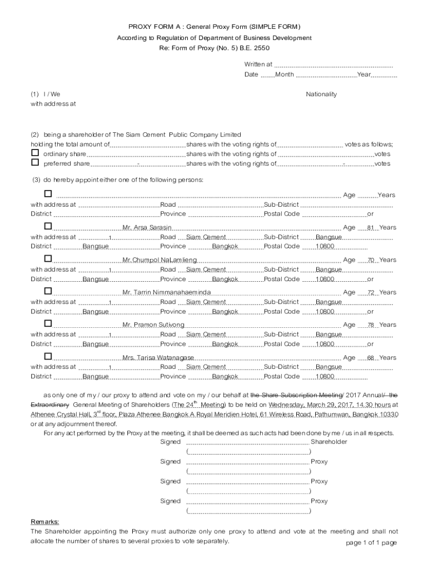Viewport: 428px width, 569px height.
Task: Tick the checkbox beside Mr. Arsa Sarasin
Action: (x=48, y=226)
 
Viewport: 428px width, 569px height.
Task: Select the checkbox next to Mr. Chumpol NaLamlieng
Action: (x=48, y=258)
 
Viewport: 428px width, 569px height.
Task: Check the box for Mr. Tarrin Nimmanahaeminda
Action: (x=48, y=291)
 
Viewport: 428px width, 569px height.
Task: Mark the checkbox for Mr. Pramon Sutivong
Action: (x=48, y=323)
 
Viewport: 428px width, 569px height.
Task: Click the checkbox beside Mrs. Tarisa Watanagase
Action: (x=48, y=356)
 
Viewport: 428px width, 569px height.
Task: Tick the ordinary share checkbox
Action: (x=35, y=153)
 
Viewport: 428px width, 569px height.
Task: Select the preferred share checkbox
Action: (x=35, y=163)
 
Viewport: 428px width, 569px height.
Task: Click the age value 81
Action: (x=370, y=228)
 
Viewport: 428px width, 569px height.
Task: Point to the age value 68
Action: (x=370, y=358)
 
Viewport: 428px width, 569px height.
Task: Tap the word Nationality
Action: (x=321, y=94)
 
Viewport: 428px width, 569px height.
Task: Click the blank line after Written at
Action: (x=334, y=65)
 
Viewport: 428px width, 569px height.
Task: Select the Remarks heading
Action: (x=44, y=522)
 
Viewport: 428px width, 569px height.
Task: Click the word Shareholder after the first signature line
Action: (x=329, y=442)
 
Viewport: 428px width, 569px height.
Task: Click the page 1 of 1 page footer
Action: (x=371, y=543)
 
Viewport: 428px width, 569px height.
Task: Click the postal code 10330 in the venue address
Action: (x=388, y=415)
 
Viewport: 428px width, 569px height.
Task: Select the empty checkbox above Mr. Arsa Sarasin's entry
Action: (x=48, y=193)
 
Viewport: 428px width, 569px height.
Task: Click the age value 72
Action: (x=370, y=293)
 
